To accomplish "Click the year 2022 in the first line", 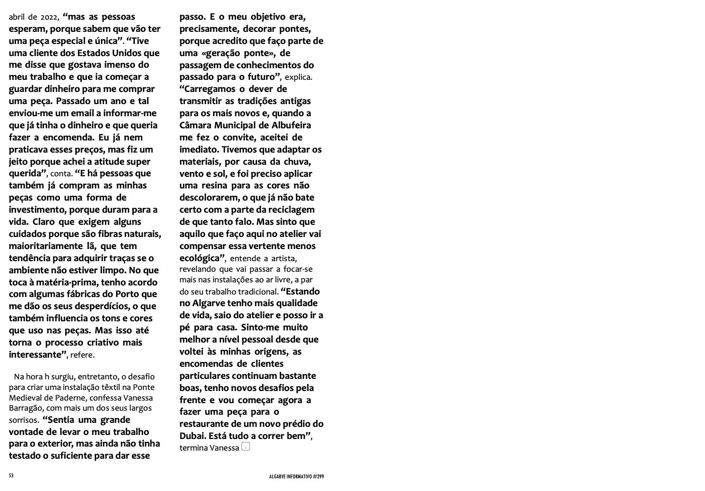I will pyautogui.click(x=49, y=17).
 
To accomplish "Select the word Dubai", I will pyautogui.click(x=192, y=436).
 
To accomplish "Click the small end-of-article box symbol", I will pyautogui.click(x=245, y=447).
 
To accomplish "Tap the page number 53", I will pyautogui.click(x=11, y=476).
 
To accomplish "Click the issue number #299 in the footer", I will pyautogui.click(x=318, y=476).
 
